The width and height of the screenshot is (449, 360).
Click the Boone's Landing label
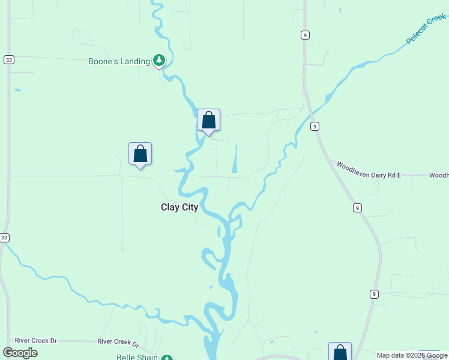(119, 61)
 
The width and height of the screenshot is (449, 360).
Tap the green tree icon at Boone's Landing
(159, 59)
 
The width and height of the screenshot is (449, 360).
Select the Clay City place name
(179, 208)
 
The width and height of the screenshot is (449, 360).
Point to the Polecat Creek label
(426, 29)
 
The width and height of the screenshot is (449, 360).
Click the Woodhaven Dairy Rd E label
(368, 169)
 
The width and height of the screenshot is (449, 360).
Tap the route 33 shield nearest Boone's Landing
(8, 59)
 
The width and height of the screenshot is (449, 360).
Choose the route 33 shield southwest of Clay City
(4, 238)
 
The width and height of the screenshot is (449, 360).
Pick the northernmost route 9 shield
(306, 35)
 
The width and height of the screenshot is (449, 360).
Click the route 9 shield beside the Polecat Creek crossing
(315, 126)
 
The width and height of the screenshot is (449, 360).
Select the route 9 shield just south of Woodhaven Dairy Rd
(357, 208)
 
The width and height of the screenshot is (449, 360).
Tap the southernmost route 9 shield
(374, 294)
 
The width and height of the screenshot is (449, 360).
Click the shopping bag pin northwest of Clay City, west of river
(140, 154)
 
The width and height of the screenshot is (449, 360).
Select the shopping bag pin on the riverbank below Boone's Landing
(208, 120)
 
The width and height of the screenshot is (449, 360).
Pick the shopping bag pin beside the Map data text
(340, 352)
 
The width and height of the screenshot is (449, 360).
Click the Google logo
(20, 353)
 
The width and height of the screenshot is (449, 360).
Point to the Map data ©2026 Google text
(412, 356)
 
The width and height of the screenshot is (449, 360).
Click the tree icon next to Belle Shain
(169, 357)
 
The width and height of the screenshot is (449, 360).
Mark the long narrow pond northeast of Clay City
(234, 158)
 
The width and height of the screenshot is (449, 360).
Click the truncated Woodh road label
(439, 175)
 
